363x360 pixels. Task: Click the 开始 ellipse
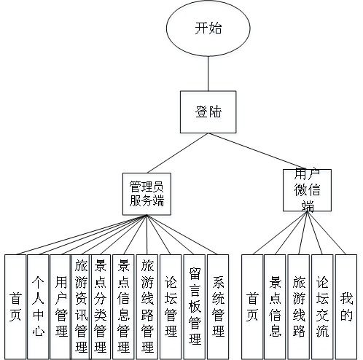click(x=209, y=29)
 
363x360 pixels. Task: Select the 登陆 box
click(x=209, y=112)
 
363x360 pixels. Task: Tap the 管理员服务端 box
click(x=146, y=193)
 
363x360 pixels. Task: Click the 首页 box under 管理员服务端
click(x=15, y=305)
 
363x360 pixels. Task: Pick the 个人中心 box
click(x=37, y=305)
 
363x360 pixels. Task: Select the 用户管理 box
click(x=59, y=305)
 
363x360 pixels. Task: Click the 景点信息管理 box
click(x=122, y=305)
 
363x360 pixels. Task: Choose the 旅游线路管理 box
click(x=147, y=305)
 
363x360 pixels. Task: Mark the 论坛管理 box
click(x=170, y=305)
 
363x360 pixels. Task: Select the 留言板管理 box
click(x=193, y=305)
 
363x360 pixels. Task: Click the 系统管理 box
click(x=217, y=305)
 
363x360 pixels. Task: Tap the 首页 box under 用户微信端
click(x=252, y=305)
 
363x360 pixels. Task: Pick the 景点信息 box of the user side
click(x=275, y=305)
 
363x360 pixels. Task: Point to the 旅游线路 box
click(x=299, y=305)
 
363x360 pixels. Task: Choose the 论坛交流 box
click(x=322, y=305)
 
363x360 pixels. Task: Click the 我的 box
click(x=346, y=305)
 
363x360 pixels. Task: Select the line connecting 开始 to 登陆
click(x=209, y=74)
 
